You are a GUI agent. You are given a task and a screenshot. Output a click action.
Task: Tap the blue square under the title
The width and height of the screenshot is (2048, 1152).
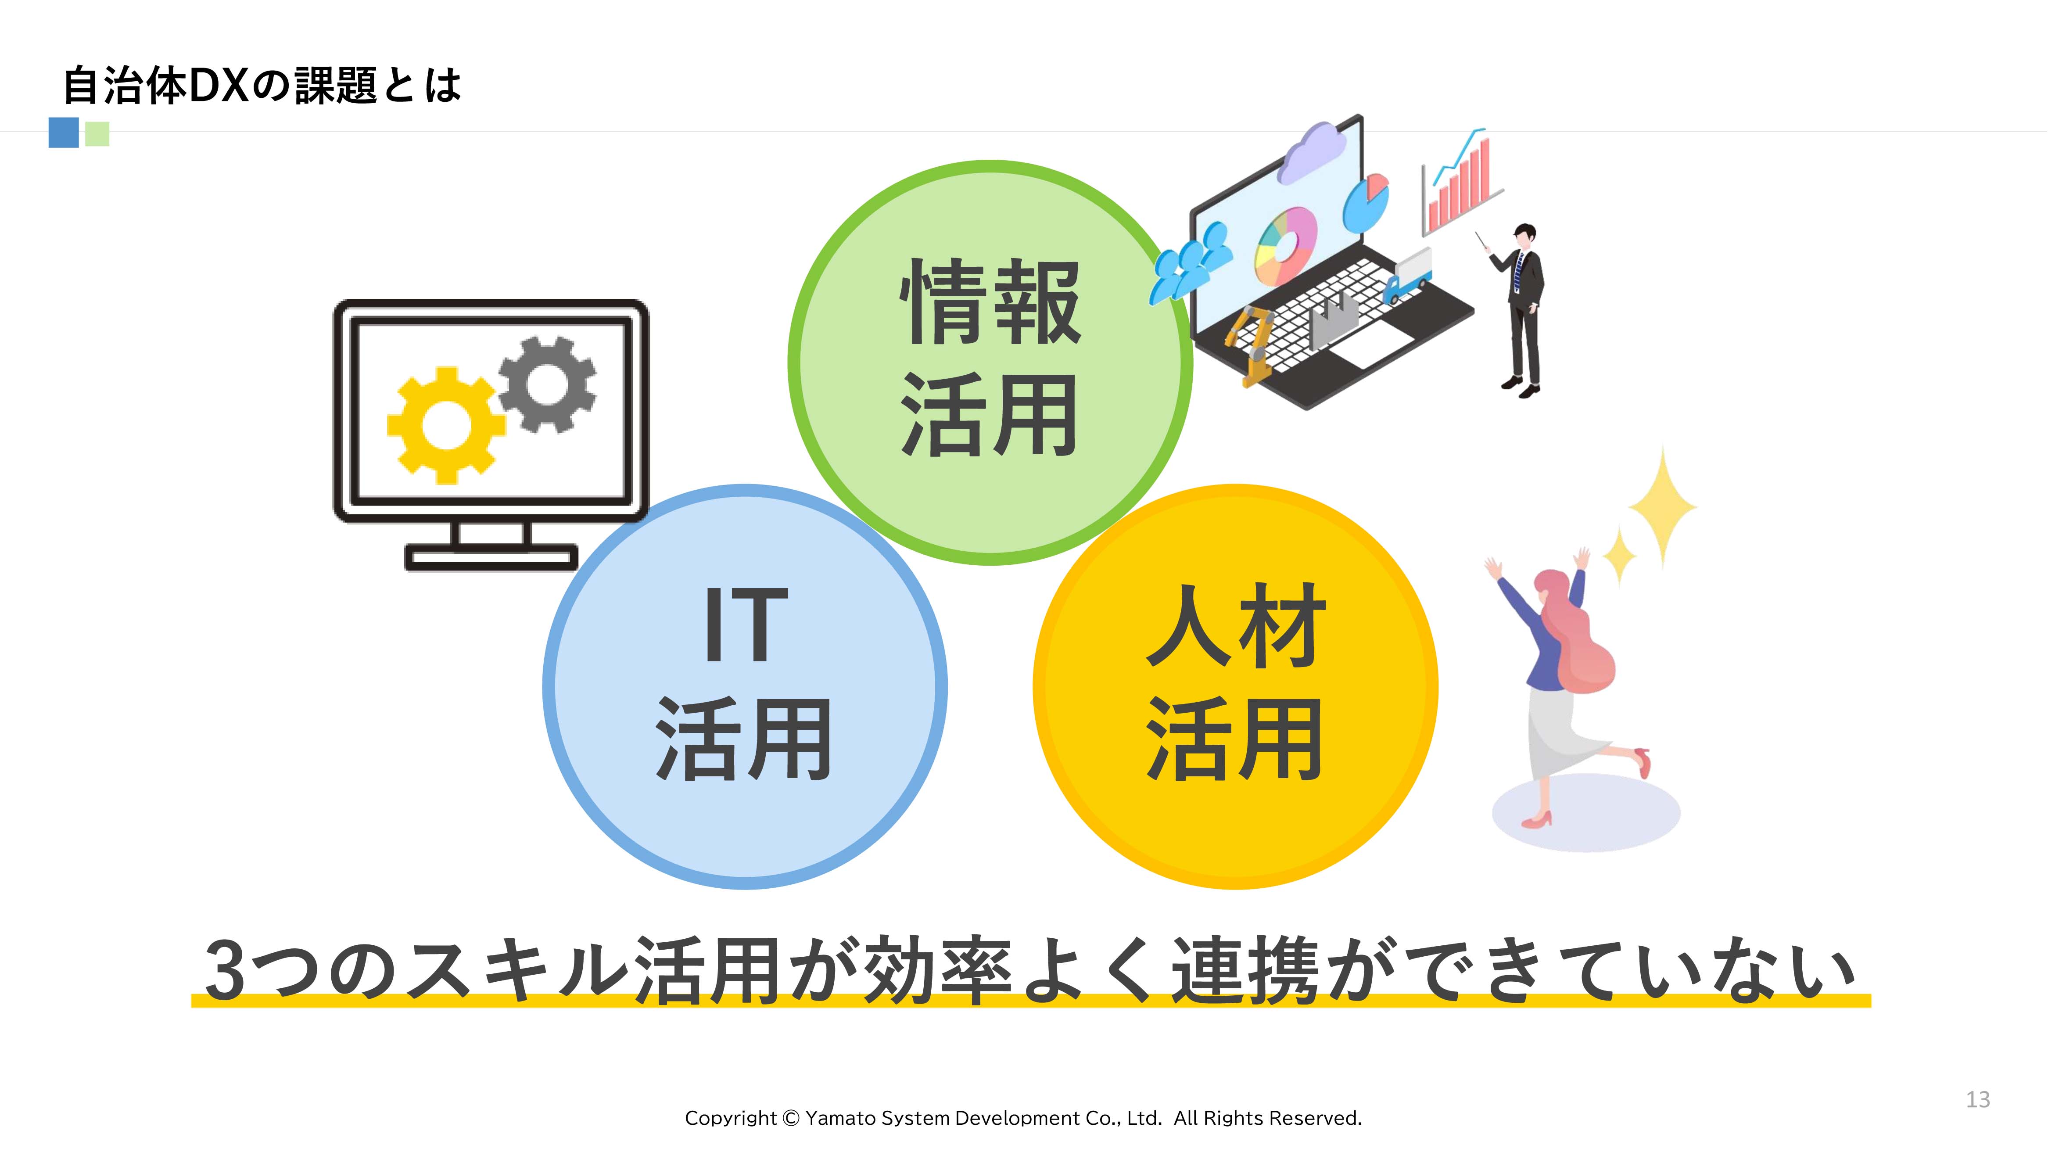click(x=64, y=132)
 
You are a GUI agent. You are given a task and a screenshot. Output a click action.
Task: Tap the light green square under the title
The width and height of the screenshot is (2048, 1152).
click(x=97, y=133)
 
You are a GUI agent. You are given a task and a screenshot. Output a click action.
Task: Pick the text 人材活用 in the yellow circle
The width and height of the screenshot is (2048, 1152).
click(x=1235, y=682)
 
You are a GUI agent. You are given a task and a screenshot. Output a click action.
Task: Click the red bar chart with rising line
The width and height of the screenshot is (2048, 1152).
click(x=1460, y=183)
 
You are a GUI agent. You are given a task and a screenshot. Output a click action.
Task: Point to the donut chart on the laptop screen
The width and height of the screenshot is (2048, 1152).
click(x=1286, y=245)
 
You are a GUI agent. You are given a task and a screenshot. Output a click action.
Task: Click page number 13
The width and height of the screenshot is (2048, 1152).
click(x=1978, y=1099)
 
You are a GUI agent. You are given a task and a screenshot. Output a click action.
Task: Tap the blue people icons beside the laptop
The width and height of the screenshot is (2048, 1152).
click(x=1189, y=262)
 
